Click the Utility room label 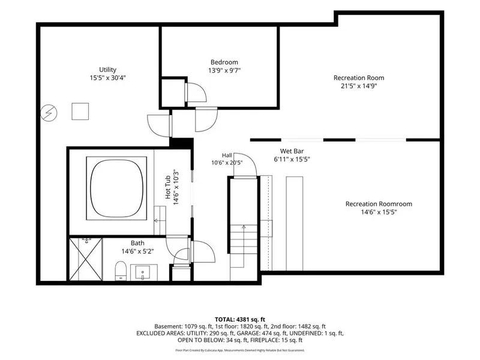[108, 70]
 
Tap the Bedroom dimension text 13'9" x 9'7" [224, 70]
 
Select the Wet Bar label [292, 151]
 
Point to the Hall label [227, 155]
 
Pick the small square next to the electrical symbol [80, 111]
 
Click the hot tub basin [116, 188]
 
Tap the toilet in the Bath [121, 271]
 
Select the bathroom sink [142, 272]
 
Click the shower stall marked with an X [85, 259]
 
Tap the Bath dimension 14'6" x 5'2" [137, 251]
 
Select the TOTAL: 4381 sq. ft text [240, 320]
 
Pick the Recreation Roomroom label [379, 203]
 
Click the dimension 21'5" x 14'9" [359, 86]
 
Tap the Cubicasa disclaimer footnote [240, 350]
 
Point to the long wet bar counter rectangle [295, 223]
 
